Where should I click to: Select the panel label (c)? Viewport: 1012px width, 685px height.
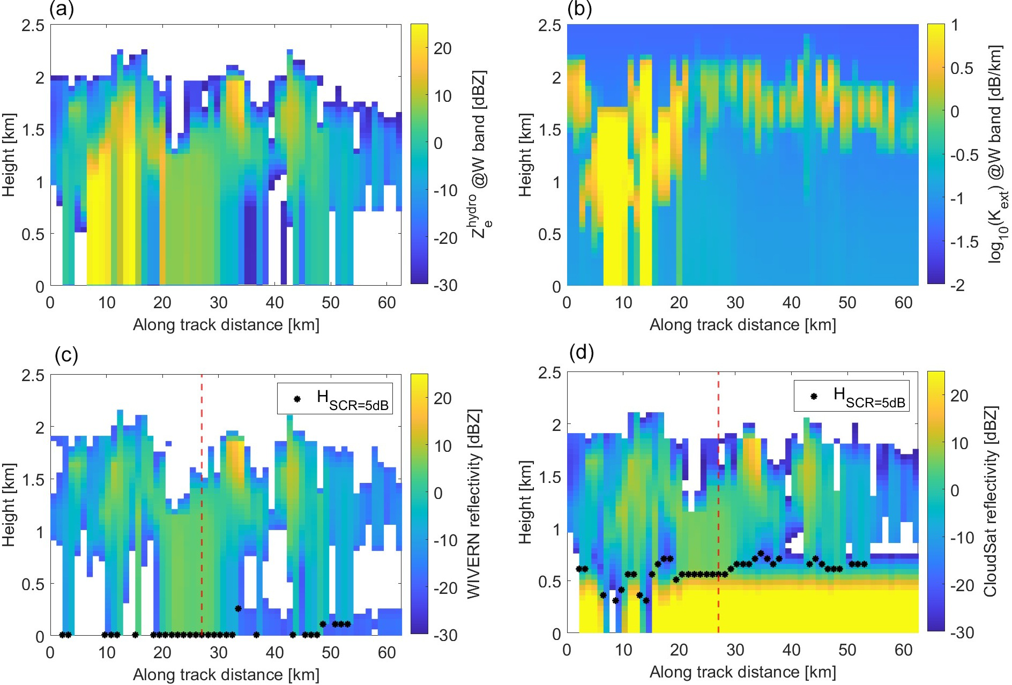pyautogui.click(x=66, y=355)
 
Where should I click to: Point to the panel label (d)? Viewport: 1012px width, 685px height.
pyautogui.click(x=582, y=353)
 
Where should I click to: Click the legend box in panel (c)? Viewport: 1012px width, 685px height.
pyautogui.click(x=334, y=398)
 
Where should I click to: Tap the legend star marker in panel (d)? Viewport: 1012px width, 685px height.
pyautogui.click(x=814, y=397)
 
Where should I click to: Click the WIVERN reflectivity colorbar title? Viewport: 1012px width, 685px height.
pyautogui.click(x=474, y=504)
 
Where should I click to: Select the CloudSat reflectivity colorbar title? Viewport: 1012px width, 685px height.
pyautogui.click(x=991, y=501)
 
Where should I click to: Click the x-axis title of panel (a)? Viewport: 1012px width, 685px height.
pyautogui.click(x=226, y=325)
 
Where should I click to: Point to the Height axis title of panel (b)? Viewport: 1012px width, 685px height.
pyautogui.click(x=526, y=155)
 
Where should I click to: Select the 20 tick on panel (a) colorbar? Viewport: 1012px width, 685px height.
pyautogui.click(x=442, y=48)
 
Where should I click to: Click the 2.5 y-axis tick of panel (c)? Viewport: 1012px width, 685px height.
pyautogui.click(x=33, y=375)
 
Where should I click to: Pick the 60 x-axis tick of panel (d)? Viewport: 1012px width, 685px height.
pyautogui.click(x=903, y=650)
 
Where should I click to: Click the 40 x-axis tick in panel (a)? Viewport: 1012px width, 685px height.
pyautogui.click(x=274, y=303)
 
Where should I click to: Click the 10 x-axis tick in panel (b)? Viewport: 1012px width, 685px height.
pyautogui.click(x=623, y=303)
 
